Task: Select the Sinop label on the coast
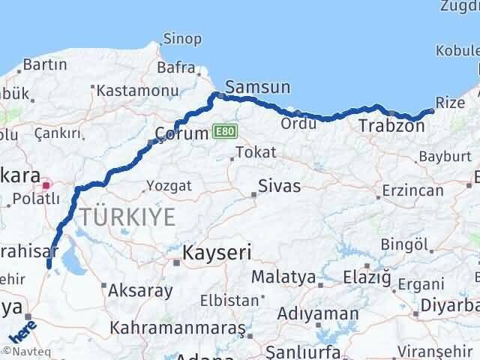coord(182,39)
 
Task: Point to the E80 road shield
coord(222,131)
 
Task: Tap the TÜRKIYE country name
coord(128,217)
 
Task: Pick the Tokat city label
coord(255,152)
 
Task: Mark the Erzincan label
coord(412,190)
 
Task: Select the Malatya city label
coord(283,277)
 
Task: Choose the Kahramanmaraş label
coord(178,328)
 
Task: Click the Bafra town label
coord(176,67)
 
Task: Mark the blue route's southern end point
coord(49,265)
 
